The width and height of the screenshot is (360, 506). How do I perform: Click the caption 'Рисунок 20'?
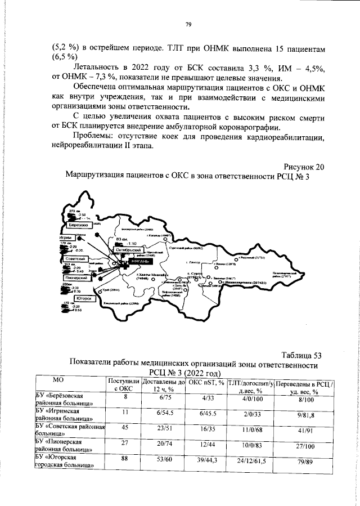[304, 167]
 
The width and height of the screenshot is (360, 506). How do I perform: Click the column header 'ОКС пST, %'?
[206, 383]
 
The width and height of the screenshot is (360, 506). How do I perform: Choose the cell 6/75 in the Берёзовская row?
[165, 397]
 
